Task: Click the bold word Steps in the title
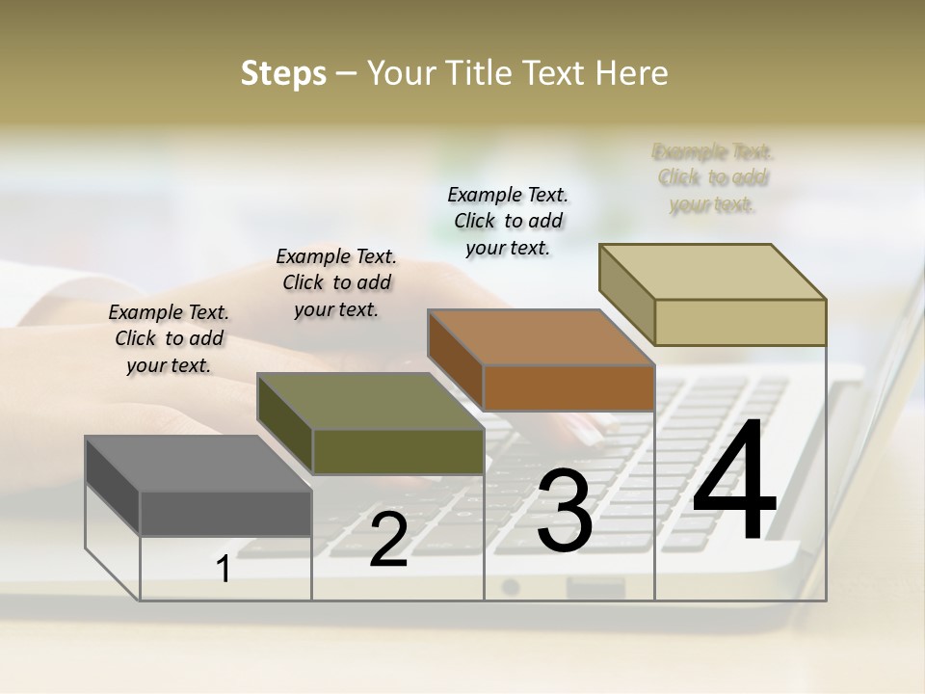(283, 73)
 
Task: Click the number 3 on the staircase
(564, 511)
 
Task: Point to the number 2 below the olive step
(388, 540)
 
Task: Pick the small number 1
(224, 570)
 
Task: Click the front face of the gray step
(225, 513)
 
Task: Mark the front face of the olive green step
(398, 451)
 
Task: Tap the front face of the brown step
(568, 387)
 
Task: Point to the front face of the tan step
(740, 322)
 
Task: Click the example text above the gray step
(169, 339)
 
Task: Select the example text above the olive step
(336, 282)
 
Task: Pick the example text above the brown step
(508, 221)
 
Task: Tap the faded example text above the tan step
(713, 178)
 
